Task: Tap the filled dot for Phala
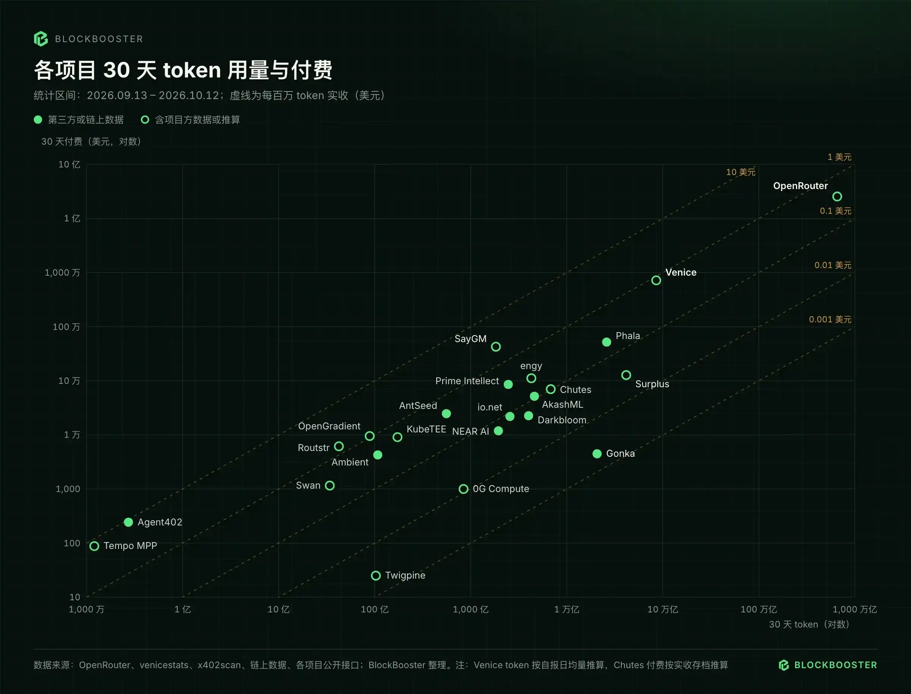(x=606, y=342)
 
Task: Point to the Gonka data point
(x=597, y=454)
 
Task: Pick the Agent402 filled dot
(x=128, y=522)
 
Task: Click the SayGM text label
(x=470, y=339)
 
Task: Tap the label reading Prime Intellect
(x=467, y=381)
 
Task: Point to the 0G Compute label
(x=501, y=489)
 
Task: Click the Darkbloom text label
(x=562, y=420)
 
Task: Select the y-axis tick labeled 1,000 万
(x=62, y=273)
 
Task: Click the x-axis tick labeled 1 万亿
(x=567, y=609)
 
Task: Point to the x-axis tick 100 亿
(x=375, y=609)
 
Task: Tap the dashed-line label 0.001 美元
(x=830, y=319)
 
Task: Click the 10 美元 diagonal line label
(x=741, y=172)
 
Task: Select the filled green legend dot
(x=38, y=120)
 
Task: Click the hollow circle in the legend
(x=145, y=120)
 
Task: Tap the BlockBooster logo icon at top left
(x=41, y=39)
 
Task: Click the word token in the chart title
(x=192, y=70)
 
